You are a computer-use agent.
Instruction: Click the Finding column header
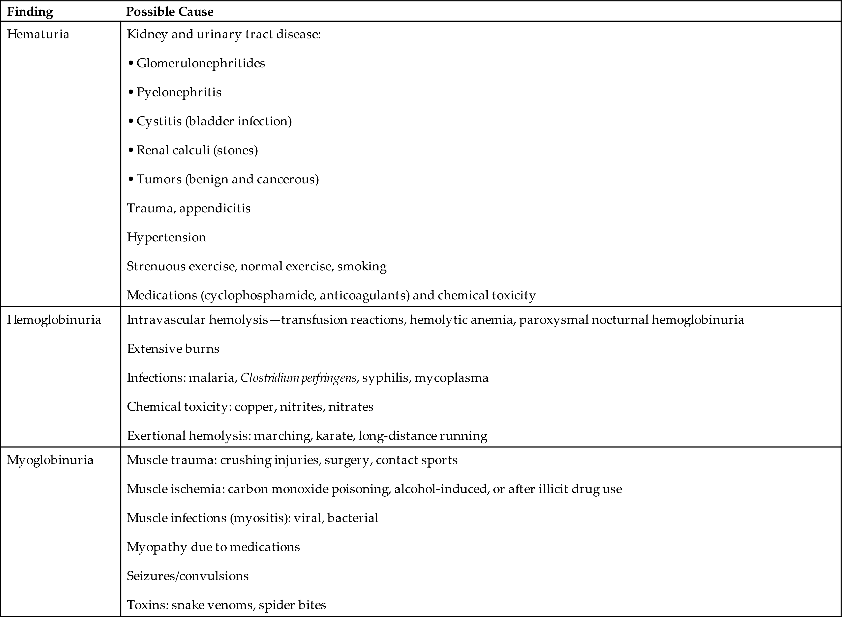[30, 12]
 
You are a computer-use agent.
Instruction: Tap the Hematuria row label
[38, 34]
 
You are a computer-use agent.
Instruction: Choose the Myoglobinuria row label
[50, 460]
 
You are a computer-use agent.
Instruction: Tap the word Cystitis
[159, 121]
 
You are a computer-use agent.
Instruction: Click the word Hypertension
[166, 237]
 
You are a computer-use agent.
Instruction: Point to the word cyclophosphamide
[260, 295]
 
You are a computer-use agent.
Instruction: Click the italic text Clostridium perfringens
[298, 378]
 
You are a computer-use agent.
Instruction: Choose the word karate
[334, 436]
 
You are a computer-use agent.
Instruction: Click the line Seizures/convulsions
[187, 576]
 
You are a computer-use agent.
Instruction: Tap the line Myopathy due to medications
[213, 547]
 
